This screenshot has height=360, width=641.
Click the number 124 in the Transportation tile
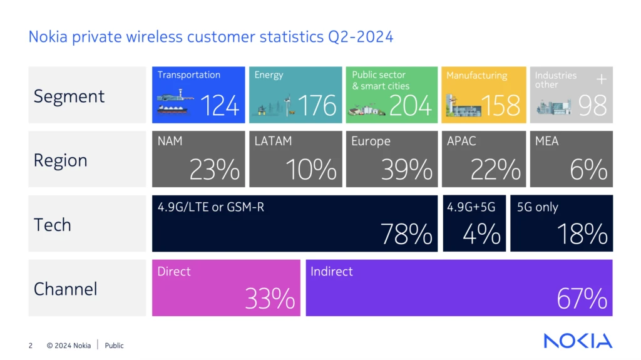point(220,106)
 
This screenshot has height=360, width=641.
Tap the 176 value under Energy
point(317,106)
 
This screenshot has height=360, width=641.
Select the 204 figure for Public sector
point(411,106)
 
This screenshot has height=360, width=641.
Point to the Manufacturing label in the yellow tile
point(476,76)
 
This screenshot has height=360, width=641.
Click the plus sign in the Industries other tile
point(602,80)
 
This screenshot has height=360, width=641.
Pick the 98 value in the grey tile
point(592,106)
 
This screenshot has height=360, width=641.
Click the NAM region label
point(170,141)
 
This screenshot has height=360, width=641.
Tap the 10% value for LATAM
point(311,170)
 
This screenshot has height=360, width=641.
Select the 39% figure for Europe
point(408,170)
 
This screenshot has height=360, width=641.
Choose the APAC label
point(461,141)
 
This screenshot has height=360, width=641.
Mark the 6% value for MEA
point(588,170)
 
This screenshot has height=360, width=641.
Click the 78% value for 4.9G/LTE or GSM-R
point(407,234)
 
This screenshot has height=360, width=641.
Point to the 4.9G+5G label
point(471,207)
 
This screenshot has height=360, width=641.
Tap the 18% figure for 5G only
point(582,234)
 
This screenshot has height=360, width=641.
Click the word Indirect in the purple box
point(332,272)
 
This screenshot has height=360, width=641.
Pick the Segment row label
point(69,96)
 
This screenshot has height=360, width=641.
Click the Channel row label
point(66,289)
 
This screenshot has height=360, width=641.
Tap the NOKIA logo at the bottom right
point(578,341)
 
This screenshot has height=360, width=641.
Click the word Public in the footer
point(115,346)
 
